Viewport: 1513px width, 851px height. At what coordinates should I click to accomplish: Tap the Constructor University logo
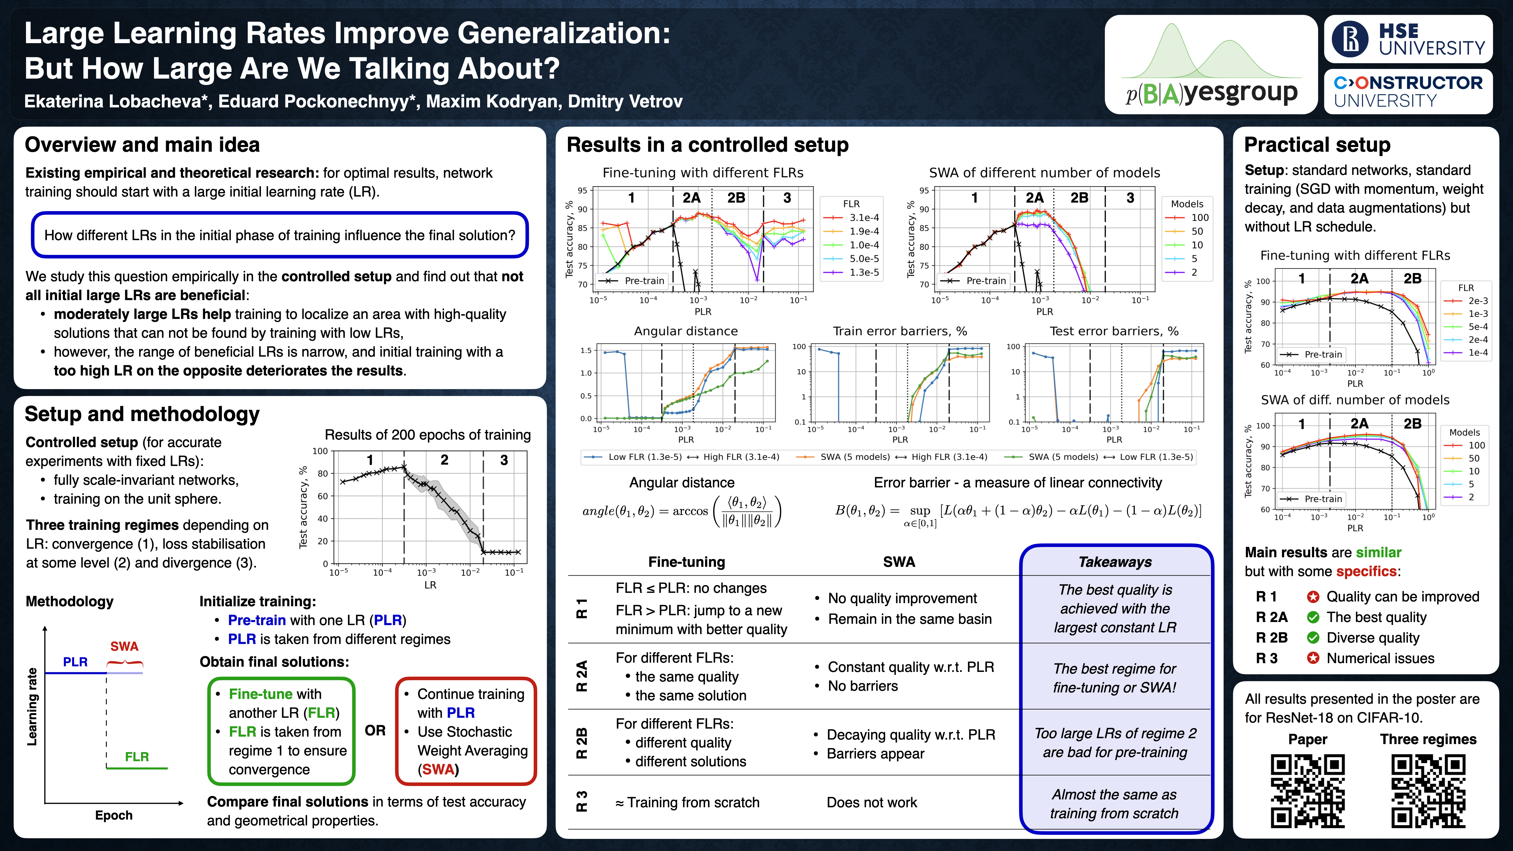1408,91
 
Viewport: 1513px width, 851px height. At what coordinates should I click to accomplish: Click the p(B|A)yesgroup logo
1210,65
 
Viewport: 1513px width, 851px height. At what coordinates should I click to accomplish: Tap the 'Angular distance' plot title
686,331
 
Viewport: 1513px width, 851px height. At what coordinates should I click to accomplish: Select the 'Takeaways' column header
1115,562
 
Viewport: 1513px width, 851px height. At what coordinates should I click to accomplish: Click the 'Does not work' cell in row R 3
872,802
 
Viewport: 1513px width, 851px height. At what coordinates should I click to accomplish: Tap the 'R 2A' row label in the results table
582,676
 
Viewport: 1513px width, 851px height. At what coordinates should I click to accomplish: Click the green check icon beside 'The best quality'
1313,617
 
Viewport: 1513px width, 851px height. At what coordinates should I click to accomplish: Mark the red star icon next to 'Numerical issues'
1313,658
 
